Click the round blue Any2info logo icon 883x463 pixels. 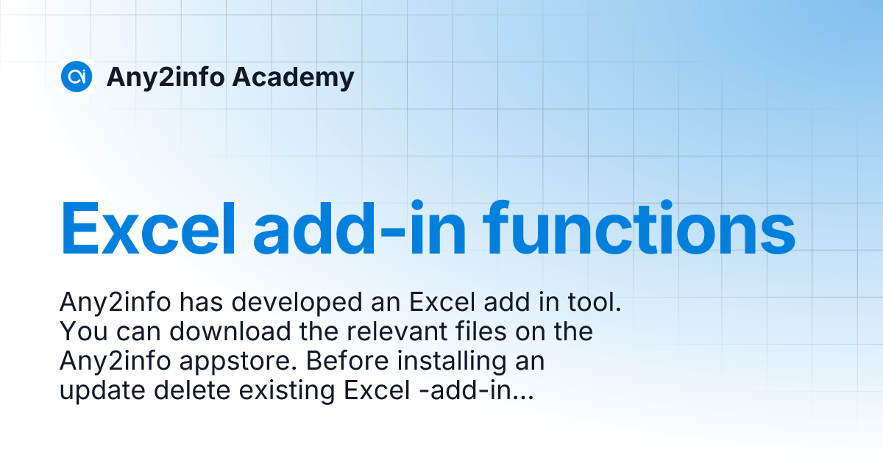(77, 76)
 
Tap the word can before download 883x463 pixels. (135, 332)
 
